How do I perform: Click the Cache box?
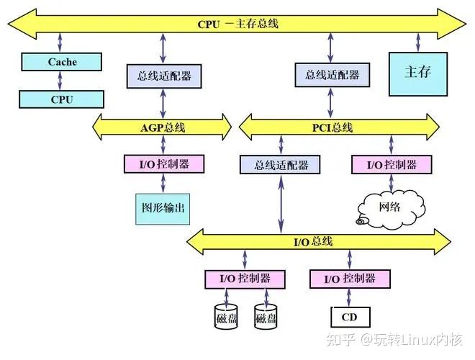pos(63,62)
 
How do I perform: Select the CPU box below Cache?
pos(61,99)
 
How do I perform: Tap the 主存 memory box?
pos(417,73)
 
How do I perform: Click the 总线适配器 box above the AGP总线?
pos(164,74)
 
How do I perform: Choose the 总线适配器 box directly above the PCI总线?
pos(332,74)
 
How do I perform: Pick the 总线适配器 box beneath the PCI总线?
pos(277,165)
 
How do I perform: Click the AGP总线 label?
pos(163,127)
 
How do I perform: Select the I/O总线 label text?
pos(313,240)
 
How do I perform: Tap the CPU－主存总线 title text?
pos(237,24)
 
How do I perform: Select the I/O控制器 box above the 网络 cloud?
pos(392,164)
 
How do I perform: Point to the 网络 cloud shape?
pos(389,208)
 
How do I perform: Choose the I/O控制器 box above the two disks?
pos(245,278)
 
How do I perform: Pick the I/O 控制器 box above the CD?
pos(350,278)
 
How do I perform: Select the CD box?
pos(350,317)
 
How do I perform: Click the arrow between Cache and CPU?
pos(62,81)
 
